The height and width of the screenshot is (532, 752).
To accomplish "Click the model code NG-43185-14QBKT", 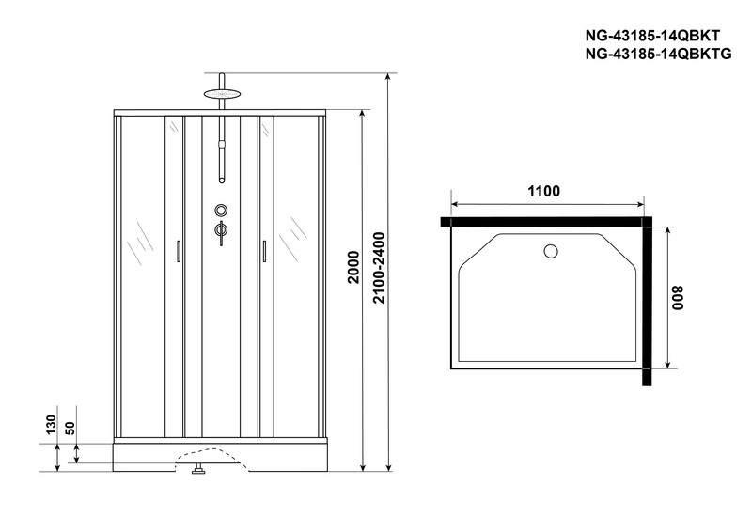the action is (x=652, y=36).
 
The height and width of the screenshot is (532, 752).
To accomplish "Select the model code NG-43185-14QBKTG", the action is (x=658, y=55).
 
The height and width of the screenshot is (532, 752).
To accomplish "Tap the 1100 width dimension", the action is (x=543, y=192).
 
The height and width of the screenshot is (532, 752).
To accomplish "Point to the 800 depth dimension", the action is (x=677, y=298).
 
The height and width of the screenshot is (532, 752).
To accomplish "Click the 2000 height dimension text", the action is (x=353, y=267).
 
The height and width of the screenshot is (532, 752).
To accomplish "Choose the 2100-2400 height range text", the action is (x=379, y=268).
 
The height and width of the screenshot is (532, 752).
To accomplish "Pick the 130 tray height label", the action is (x=51, y=425).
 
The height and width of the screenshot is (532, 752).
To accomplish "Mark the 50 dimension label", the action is (x=70, y=429).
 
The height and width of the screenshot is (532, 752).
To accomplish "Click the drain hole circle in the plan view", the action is (x=551, y=251).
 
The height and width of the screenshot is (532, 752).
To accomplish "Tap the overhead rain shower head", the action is (x=221, y=93).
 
